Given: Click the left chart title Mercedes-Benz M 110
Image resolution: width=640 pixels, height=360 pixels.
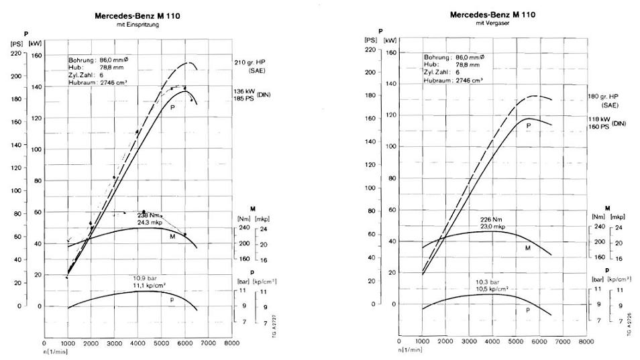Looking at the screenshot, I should click(x=137, y=15).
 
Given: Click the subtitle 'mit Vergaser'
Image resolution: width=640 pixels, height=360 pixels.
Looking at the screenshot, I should click(x=490, y=23).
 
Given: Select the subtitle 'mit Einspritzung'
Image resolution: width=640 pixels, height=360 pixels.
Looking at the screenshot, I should click(x=136, y=25).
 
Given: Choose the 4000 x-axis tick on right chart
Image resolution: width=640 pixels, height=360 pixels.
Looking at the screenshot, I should click(x=492, y=341).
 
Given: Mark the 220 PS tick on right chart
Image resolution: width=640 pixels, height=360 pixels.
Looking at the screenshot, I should click(x=370, y=52).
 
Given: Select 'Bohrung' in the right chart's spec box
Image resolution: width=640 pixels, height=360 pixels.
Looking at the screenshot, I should click(x=436, y=58).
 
